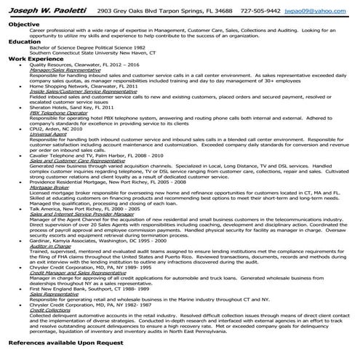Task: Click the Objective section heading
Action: (24, 24)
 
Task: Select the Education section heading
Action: (25, 42)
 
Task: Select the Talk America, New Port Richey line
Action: (88, 208)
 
